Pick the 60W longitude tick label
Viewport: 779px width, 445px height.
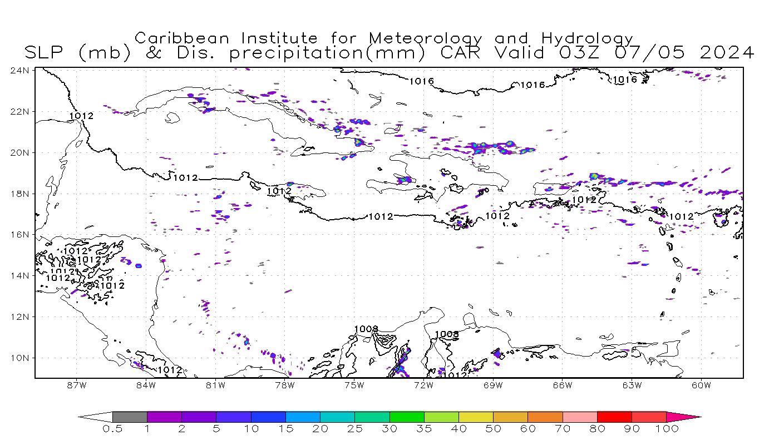(x=701, y=384)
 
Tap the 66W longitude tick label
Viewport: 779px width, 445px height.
(x=563, y=384)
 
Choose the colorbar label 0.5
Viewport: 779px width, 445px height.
(x=112, y=429)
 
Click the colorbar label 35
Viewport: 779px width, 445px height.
(x=424, y=429)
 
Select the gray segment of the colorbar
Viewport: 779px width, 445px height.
(x=130, y=417)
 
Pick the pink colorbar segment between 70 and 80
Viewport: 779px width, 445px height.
(x=580, y=417)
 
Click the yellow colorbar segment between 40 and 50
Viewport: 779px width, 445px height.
(x=476, y=417)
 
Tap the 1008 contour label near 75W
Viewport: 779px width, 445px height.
(x=366, y=329)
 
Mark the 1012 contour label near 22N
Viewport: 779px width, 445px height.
(x=81, y=116)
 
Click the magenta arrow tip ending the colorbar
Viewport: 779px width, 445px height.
(x=693, y=417)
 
